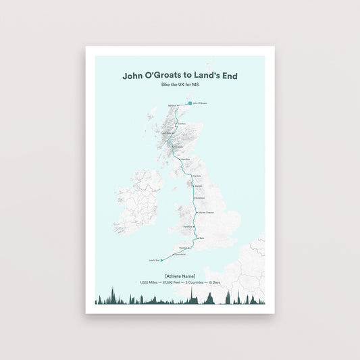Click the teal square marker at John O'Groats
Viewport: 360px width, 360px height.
click(189, 103)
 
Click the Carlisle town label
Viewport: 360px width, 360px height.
click(197, 176)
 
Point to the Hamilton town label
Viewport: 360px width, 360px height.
click(184, 159)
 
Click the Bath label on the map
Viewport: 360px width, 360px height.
click(201, 238)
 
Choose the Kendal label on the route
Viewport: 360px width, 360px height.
click(199, 184)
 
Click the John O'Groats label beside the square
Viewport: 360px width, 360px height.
click(200, 103)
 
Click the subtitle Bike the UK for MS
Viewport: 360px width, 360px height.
click(180, 84)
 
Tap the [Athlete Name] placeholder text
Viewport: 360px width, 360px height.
click(180, 276)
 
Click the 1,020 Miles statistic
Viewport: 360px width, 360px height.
click(149, 282)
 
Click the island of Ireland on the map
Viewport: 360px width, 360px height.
click(138, 201)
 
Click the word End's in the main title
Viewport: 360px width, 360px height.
click(226, 76)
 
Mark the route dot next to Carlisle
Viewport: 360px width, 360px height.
click(191, 176)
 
